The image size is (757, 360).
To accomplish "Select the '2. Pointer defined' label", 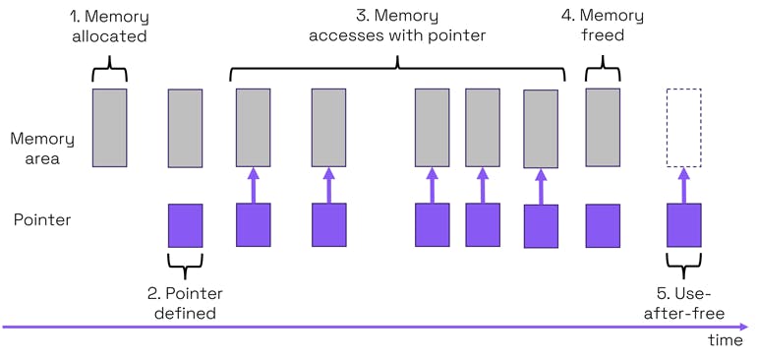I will (x=185, y=303).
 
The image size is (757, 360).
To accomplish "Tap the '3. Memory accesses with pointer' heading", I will (x=396, y=27).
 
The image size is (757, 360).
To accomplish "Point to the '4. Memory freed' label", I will (x=603, y=27).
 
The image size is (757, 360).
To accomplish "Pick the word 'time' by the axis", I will (x=727, y=339).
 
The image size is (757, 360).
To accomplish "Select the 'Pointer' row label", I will (x=42, y=219).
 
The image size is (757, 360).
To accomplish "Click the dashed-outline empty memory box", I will (x=683, y=128).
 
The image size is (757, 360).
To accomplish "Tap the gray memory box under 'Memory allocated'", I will (x=109, y=128).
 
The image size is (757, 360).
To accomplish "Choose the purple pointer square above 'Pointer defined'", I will (x=185, y=225).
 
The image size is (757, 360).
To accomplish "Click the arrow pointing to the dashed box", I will (x=684, y=185).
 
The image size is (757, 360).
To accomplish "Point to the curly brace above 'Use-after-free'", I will (x=684, y=263).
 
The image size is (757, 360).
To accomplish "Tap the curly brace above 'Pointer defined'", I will (x=185, y=263).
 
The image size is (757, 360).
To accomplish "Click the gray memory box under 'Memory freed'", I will (x=603, y=128).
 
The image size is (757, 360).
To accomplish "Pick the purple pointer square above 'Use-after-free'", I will (x=684, y=225).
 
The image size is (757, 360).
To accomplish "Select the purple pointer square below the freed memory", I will (x=603, y=225).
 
